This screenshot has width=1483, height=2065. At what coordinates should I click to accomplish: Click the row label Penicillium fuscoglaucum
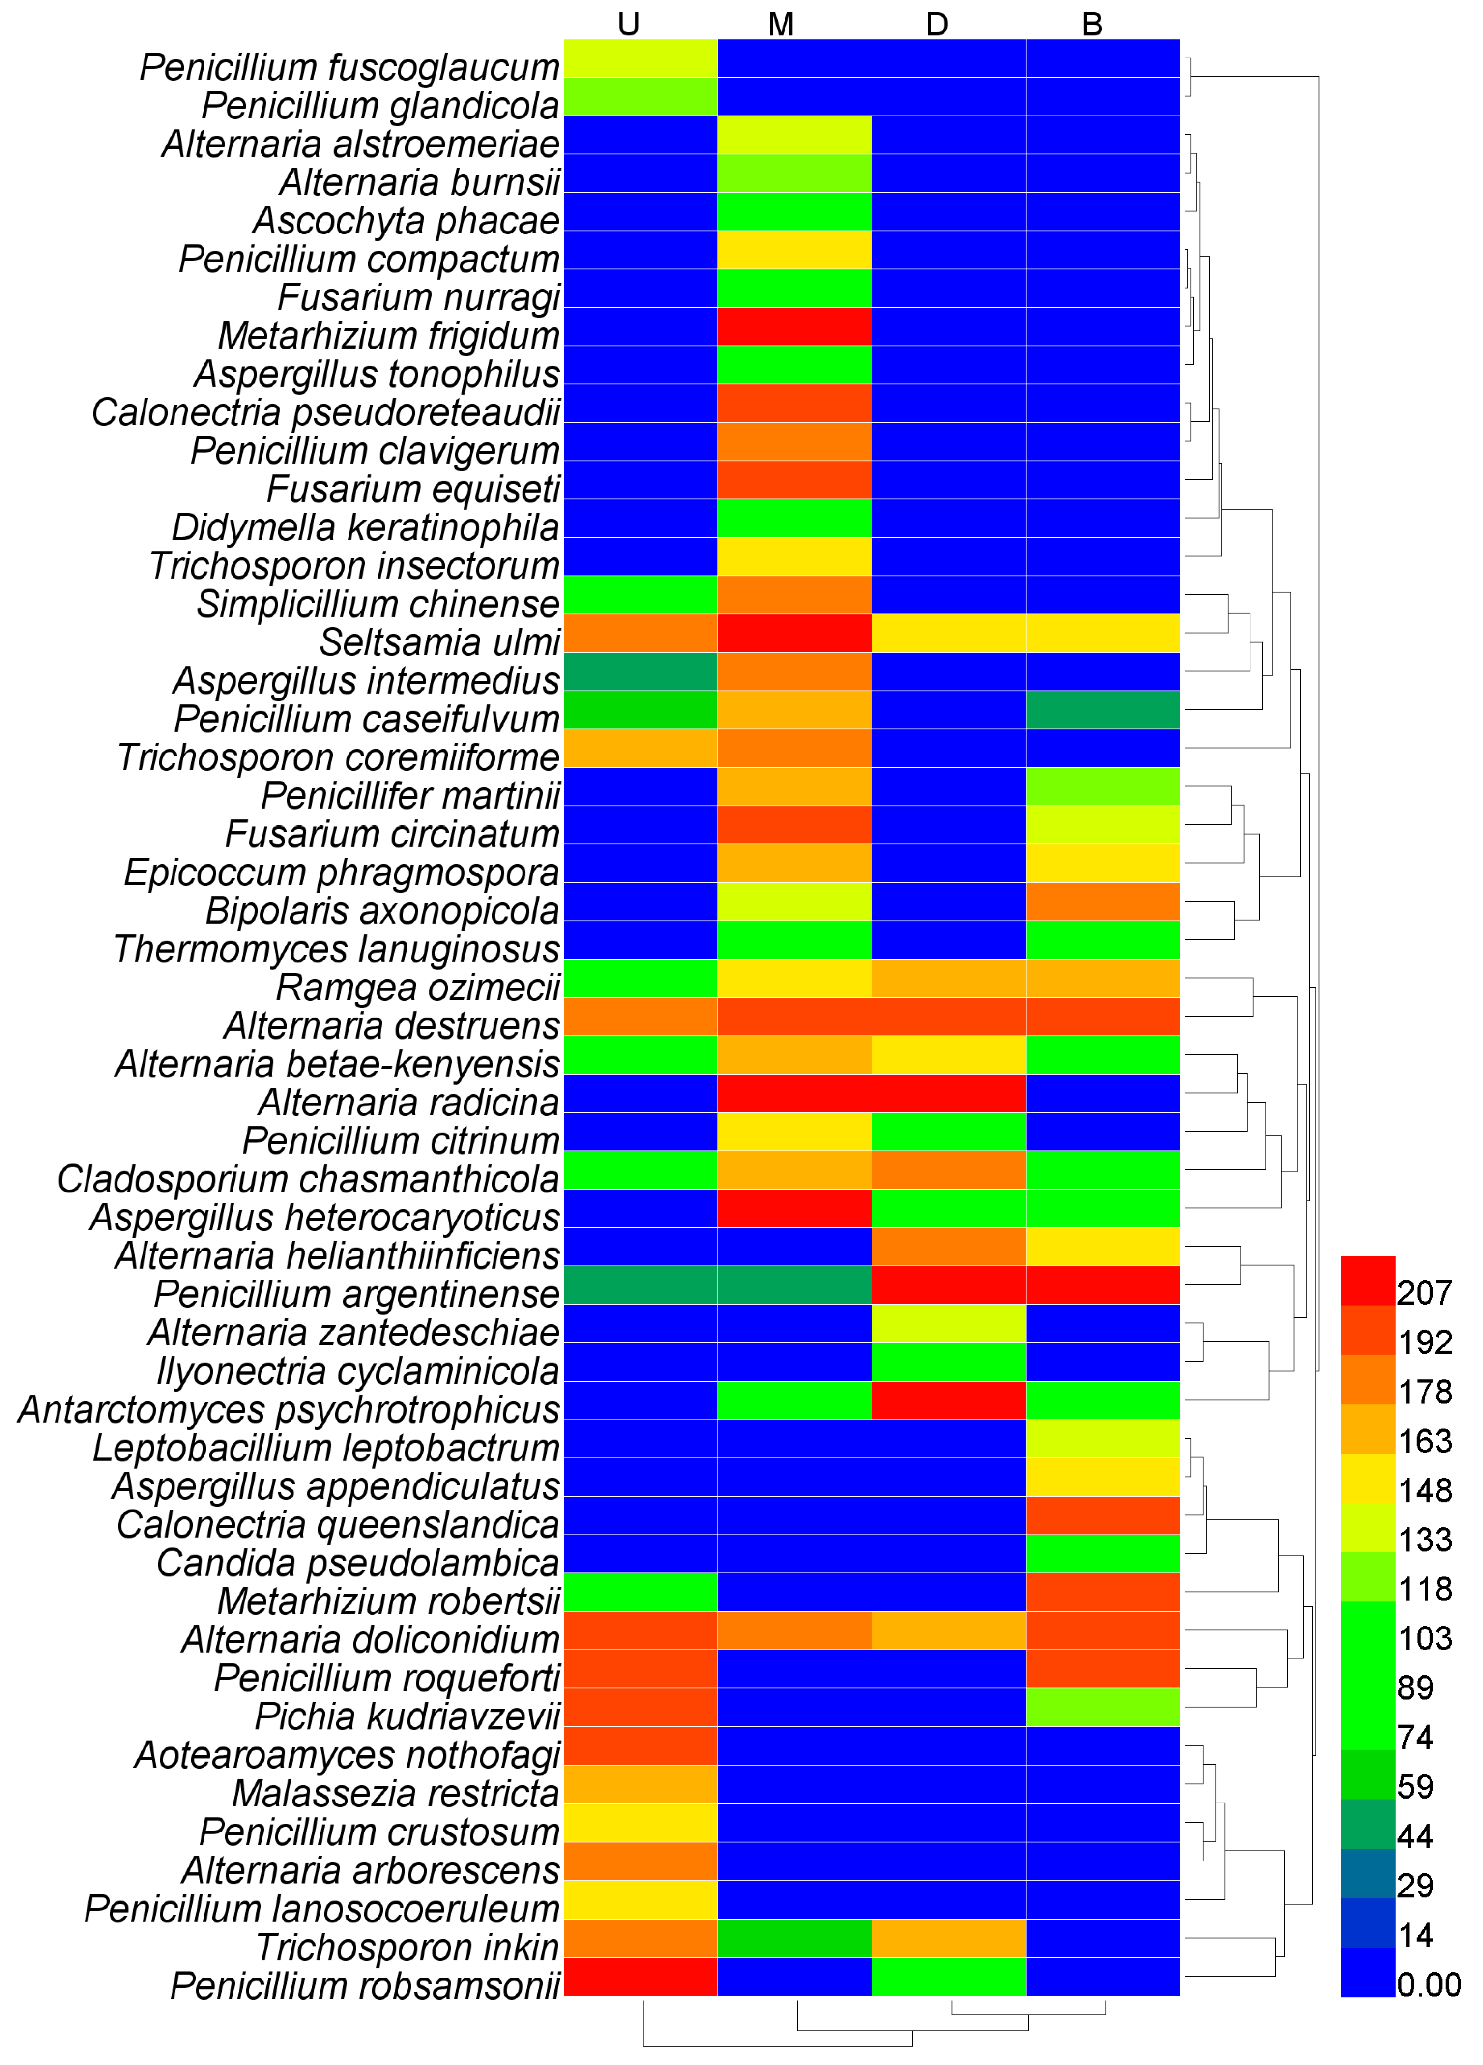click(349, 67)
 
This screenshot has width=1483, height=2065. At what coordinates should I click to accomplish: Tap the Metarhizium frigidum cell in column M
click(795, 327)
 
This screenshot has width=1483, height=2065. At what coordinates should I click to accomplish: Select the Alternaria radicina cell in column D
click(949, 1094)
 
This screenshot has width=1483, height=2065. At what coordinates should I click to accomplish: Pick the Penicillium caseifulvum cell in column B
click(1103, 710)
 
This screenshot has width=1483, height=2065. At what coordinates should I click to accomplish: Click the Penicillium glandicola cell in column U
click(641, 96)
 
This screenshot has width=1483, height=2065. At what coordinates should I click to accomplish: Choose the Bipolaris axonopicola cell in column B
click(1103, 902)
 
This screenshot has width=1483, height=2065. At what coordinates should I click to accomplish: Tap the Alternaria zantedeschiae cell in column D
click(949, 1324)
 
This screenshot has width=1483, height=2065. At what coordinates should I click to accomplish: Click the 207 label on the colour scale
click(1425, 1293)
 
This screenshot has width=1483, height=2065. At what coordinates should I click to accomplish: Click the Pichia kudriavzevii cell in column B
click(1103, 1707)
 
